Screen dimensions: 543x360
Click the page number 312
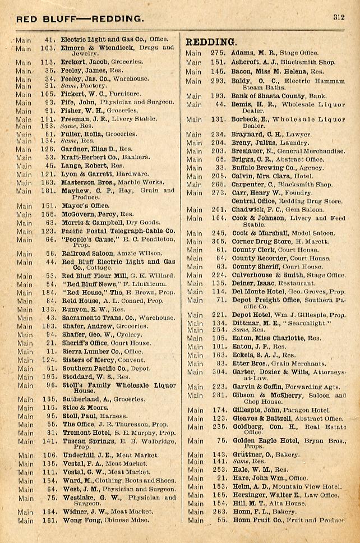tap(338, 17)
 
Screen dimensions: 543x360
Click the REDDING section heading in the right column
tap(211, 42)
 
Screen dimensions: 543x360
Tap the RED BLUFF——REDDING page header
tap(80, 19)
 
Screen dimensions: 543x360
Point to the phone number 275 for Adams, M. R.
tap(218, 53)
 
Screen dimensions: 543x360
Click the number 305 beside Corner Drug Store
tap(218, 242)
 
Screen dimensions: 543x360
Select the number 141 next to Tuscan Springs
tap(49, 441)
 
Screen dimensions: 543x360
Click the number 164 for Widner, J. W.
tap(49, 512)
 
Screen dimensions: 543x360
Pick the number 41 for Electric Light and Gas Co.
tap(49, 40)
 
